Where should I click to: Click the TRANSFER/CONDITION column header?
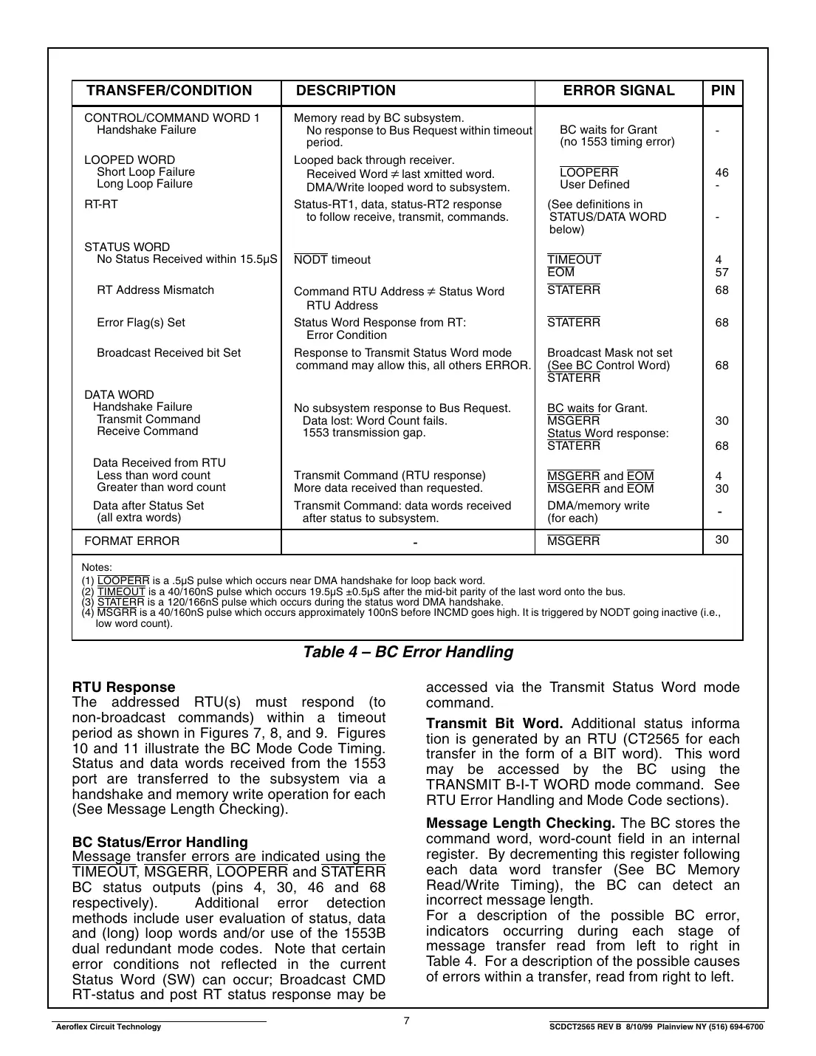[x=169, y=91]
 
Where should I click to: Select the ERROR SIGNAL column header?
[x=618, y=91]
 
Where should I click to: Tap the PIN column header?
[x=722, y=91]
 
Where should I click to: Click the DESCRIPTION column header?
[x=346, y=91]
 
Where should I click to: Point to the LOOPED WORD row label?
[x=130, y=160]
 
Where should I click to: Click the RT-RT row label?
[x=101, y=205]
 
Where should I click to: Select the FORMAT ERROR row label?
[x=132, y=541]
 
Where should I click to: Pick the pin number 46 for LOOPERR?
[x=721, y=173]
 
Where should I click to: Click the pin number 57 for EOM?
[x=721, y=272]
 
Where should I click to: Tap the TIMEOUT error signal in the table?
[x=574, y=260]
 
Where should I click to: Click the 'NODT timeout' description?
[x=332, y=260]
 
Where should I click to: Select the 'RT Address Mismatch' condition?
[x=155, y=290]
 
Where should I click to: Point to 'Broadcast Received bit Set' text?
[x=168, y=353]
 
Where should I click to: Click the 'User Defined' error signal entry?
[x=594, y=185]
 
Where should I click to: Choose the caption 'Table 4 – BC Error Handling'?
[x=408, y=652]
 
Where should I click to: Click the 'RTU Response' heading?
[x=124, y=688]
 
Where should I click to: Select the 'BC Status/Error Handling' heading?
[x=160, y=843]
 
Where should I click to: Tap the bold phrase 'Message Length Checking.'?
[x=521, y=823]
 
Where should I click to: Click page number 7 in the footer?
[x=406, y=1021]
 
